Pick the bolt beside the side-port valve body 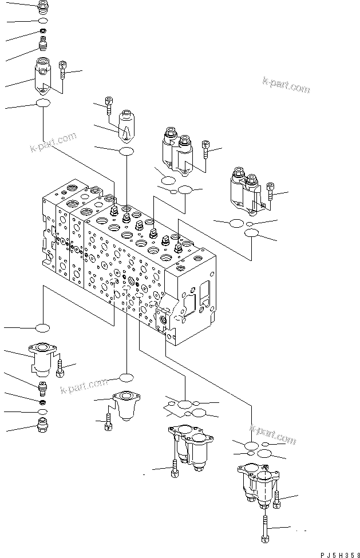coord(63,70)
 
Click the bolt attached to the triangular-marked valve coord(108,103)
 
